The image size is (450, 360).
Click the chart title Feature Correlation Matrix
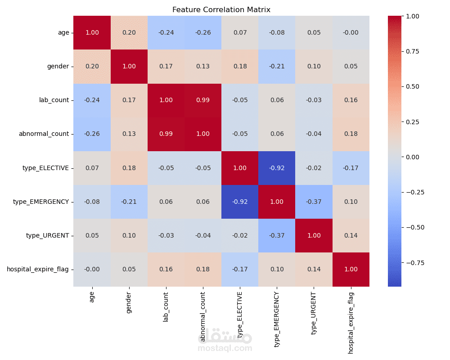221,9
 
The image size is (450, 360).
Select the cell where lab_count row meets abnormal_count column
203,100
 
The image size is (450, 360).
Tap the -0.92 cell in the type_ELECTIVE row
277,168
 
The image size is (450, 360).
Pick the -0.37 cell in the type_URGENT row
277,235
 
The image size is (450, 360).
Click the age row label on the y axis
63,32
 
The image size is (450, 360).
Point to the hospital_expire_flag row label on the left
38,269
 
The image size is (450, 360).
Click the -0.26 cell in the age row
203,32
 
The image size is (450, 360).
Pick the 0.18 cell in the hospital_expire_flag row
203,269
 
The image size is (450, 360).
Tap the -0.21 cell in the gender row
277,66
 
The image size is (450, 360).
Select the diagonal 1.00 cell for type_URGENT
314,235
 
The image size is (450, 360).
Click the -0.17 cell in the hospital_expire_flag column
351,168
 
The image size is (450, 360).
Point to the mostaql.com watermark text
225,348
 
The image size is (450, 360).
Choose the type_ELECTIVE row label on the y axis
45,168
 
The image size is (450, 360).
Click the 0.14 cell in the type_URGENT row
351,235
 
